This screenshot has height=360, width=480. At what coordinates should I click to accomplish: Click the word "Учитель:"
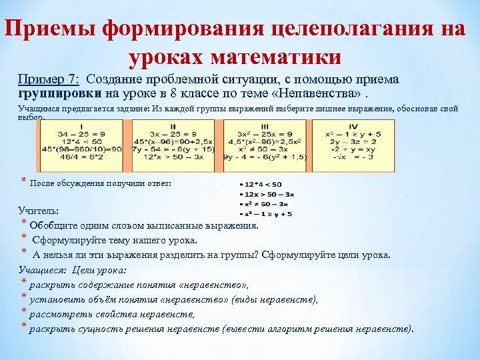(x=39, y=211)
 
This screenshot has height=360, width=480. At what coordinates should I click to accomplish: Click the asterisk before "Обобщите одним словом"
(x=24, y=223)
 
